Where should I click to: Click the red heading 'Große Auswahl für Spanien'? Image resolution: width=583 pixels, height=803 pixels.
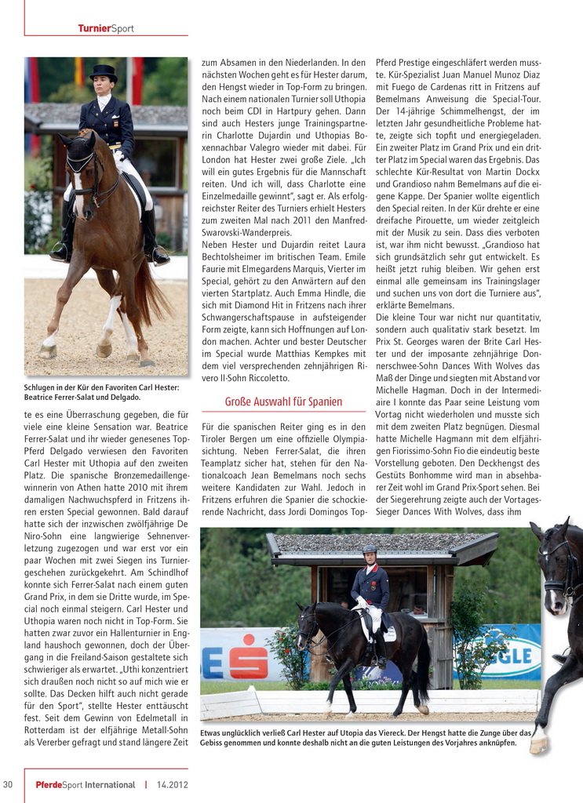coord(283,401)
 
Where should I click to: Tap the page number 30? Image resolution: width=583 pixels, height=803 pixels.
coord(8,784)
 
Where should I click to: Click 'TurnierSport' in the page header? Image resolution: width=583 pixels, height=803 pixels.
coord(106,29)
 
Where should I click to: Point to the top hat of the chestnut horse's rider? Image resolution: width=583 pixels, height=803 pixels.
coord(102,72)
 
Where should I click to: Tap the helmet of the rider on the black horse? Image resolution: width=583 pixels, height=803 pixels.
coord(370,550)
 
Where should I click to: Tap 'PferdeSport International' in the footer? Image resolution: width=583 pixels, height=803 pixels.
coord(86,784)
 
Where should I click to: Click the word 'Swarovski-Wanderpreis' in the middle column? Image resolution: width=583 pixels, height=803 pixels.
coord(246,232)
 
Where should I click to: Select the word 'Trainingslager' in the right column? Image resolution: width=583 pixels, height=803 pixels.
coord(507,281)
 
